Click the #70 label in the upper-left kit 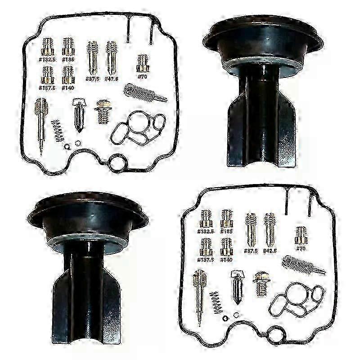[x=143, y=76]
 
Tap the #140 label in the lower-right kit [x=226, y=260]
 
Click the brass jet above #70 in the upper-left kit [x=143, y=63]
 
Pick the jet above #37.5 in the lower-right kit [x=251, y=229]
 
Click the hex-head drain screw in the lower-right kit [x=261, y=282]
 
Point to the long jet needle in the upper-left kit [x=40, y=124]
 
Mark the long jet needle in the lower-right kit [x=199, y=296]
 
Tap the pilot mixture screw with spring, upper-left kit [x=144, y=92]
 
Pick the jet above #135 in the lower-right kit [x=226, y=218]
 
